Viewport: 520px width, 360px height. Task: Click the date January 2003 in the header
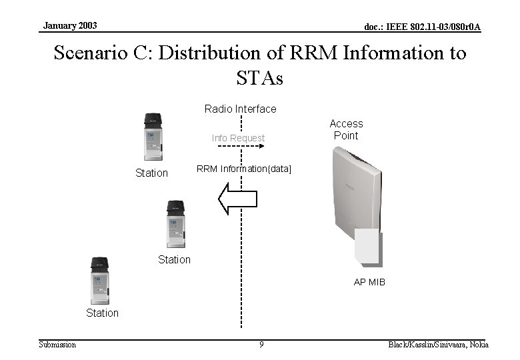point(70,25)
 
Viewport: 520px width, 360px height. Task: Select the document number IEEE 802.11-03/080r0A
point(422,27)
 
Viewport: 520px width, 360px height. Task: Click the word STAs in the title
point(259,78)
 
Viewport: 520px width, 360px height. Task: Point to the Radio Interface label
point(240,109)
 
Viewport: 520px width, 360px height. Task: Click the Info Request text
point(238,138)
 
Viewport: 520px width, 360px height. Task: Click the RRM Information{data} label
point(243,169)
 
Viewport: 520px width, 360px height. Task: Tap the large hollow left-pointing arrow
point(238,199)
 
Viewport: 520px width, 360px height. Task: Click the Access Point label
point(346,129)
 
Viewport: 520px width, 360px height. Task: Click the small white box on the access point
point(368,247)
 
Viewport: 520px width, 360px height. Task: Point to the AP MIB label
point(369,282)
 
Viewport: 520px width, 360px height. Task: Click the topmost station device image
point(153,137)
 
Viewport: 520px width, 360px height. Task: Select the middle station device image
point(175,224)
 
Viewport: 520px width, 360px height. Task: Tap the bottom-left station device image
point(99,280)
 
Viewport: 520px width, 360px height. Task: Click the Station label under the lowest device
point(102,313)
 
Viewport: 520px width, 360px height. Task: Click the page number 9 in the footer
point(261,345)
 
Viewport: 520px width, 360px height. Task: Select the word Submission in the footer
point(57,345)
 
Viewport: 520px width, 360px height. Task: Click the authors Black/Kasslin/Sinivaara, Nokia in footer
point(438,345)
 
